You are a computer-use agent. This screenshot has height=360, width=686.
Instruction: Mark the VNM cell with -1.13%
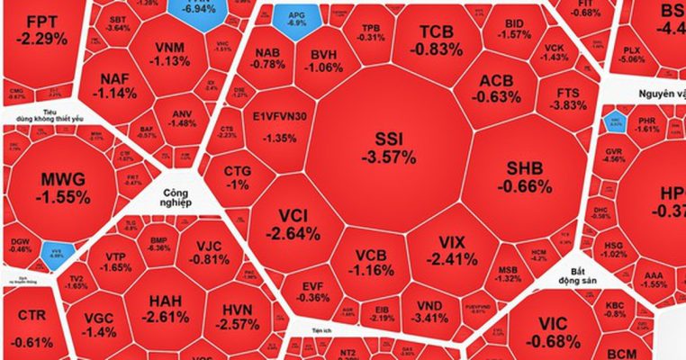(x=171, y=53)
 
